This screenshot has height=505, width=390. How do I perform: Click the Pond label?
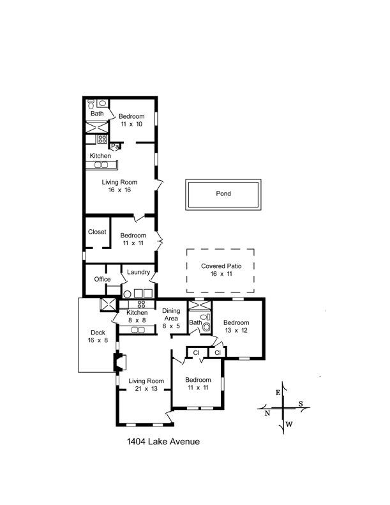point(223,193)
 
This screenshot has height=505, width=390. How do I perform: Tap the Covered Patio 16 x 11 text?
point(221,270)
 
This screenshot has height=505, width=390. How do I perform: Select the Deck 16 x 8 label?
point(98,336)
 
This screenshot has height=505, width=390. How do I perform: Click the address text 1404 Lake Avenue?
point(163,441)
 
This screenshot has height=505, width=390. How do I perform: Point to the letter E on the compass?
point(278,392)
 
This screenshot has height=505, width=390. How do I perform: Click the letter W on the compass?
point(289,424)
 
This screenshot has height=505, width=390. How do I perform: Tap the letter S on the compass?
point(301,403)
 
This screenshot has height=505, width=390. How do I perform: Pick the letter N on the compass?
point(267,413)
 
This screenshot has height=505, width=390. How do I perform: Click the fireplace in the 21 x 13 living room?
point(119,362)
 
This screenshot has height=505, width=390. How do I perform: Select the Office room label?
point(102,279)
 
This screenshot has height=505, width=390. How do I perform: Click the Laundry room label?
point(139,272)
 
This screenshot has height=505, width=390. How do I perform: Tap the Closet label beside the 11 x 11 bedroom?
point(97,232)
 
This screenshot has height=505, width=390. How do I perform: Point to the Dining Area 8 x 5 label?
point(171,318)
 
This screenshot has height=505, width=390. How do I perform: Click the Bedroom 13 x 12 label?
point(236,326)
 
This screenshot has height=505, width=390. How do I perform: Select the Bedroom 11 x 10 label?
point(131,120)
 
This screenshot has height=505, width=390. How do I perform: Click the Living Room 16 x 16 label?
point(119,186)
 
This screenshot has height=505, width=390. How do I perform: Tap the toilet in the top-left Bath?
point(91,103)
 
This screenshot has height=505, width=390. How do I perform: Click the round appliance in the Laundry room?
point(127,294)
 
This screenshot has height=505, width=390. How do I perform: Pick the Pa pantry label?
point(115,146)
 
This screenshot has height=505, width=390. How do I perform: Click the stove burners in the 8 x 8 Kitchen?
point(141,304)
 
